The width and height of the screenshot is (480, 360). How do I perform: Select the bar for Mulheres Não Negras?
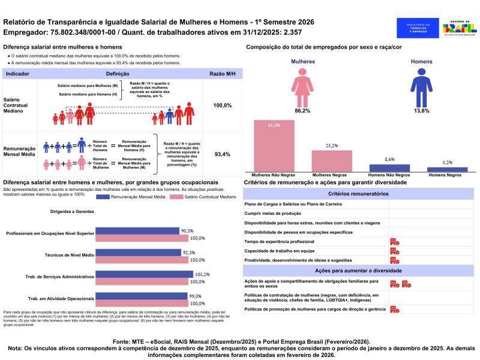pyautogui.click(x=274, y=146)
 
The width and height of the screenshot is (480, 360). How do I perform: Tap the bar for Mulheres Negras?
pyautogui.click(x=332, y=161)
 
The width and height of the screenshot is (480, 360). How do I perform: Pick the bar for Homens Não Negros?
pyautogui.click(x=389, y=168)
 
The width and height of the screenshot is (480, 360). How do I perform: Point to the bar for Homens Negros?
pyautogui.click(x=447, y=170)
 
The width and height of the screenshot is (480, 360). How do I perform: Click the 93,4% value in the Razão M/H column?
pyautogui.click(x=222, y=154)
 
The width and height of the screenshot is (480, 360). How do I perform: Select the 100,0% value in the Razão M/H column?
pyautogui.click(x=222, y=105)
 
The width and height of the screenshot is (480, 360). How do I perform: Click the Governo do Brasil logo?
pyautogui.click(x=459, y=28)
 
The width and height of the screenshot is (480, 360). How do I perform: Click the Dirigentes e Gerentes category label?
pyautogui.click(x=73, y=212)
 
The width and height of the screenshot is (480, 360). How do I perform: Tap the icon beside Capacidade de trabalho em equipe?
pyautogui.click(x=395, y=251)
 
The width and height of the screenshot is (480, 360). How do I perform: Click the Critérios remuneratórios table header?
pyautogui.click(x=358, y=194)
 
